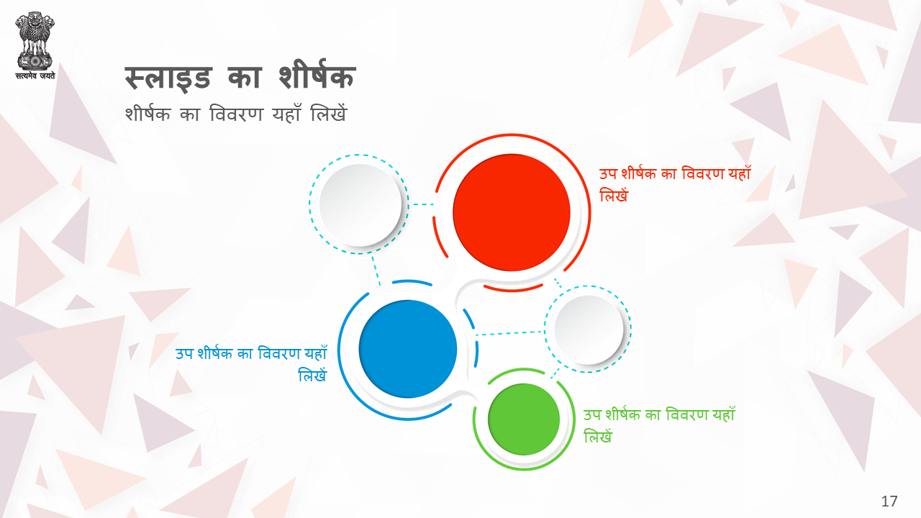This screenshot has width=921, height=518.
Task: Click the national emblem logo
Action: coord(35,41)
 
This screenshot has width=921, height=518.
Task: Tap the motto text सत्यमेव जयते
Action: coord(35,76)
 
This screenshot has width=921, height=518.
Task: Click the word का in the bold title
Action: coord(244,77)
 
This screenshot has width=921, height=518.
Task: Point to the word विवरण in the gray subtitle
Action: coord(235,114)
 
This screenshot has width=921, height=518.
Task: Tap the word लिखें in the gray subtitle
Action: coord(329,113)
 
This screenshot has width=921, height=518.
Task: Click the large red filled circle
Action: coord(512,212)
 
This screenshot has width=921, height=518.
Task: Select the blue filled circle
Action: coord(408,349)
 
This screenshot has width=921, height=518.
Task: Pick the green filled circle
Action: coord(524,419)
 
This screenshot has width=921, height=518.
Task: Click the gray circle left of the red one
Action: coord(360,205)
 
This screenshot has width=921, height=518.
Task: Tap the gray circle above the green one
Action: coord(589,330)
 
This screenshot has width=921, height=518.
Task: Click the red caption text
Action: coord(675,185)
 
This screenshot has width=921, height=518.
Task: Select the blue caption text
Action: coord(251,364)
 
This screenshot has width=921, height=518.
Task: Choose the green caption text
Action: coord(659,425)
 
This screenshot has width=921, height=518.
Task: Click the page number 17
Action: coord(889,501)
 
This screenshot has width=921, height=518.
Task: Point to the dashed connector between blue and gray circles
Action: coord(510,333)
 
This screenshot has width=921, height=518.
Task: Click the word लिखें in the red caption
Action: coord(614,195)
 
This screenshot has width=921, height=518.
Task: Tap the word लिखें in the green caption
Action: coord(598,436)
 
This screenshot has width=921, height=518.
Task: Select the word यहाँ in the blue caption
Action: coord(316,353)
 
